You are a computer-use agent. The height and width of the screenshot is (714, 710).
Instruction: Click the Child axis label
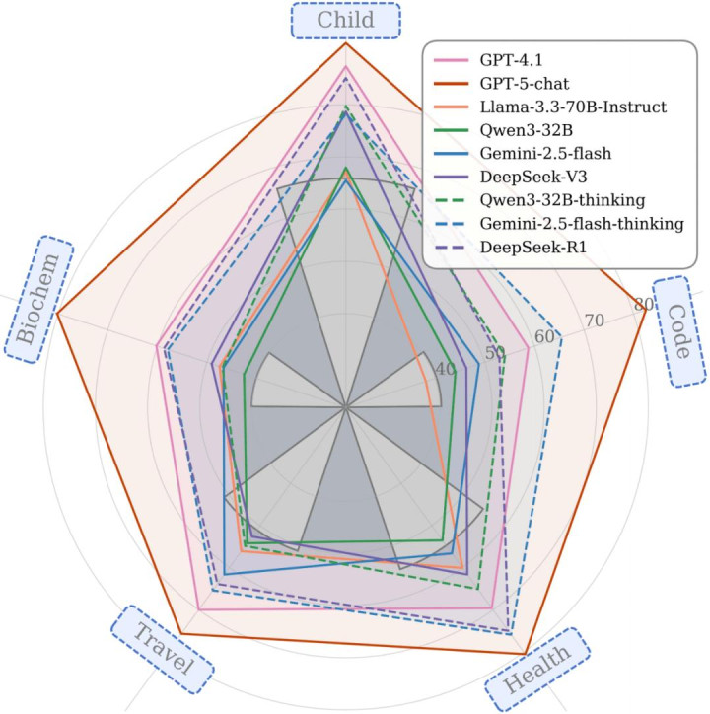(x=345, y=21)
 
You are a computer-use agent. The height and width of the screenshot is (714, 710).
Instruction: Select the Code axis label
(x=679, y=329)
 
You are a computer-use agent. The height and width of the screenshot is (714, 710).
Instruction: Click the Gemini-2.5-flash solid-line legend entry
(x=548, y=153)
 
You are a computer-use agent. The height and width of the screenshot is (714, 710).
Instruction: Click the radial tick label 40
(x=445, y=370)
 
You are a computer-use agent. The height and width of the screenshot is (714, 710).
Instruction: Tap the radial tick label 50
(x=495, y=354)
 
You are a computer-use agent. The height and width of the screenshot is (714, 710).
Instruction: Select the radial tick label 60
(x=544, y=337)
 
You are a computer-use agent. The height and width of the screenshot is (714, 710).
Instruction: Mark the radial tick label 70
(x=594, y=321)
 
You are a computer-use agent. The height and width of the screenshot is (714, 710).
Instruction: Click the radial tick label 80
(x=642, y=304)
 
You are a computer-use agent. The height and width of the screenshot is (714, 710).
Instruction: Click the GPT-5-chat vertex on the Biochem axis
(x=56, y=315)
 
